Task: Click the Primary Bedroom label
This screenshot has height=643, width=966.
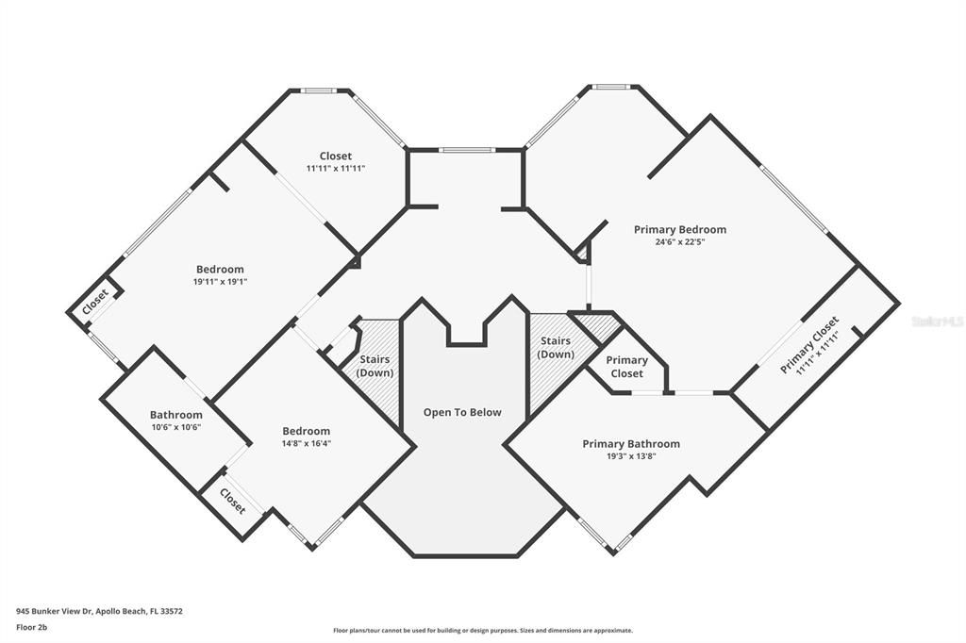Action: pos(679,229)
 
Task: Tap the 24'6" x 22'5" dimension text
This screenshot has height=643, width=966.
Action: pos(679,242)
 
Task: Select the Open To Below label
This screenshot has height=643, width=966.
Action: pos(461,412)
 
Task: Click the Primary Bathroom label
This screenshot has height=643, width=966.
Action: pos(630,444)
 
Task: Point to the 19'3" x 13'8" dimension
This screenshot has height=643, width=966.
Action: pos(630,456)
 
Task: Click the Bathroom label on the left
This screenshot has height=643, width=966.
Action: pos(175,415)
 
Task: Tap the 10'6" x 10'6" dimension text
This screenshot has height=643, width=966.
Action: pos(175,427)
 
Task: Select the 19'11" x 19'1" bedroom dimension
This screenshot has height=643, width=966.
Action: pos(220,282)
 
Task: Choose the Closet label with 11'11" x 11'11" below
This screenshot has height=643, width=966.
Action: pos(335,156)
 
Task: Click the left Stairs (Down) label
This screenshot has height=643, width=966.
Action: pos(375,366)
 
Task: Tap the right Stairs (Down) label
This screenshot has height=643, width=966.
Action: pos(555,347)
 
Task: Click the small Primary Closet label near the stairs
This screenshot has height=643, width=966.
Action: pos(626,367)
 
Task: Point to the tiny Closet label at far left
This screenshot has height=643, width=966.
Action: pos(94,301)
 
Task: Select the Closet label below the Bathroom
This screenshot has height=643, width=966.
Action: pos(232,501)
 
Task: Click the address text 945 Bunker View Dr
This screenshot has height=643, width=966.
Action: pos(99,611)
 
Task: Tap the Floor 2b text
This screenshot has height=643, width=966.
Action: pos(30,626)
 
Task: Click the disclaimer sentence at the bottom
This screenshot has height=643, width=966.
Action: pos(482,631)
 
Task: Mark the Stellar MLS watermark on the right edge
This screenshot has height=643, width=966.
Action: pos(938,321)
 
